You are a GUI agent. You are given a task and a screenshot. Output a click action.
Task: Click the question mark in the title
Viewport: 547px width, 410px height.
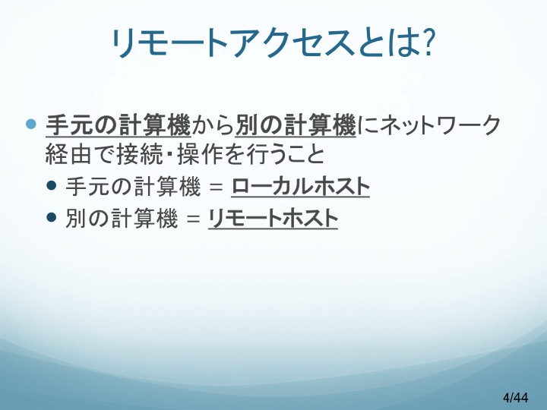coord(427,42)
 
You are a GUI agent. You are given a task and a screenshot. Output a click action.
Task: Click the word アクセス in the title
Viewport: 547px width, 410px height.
coord(291,43)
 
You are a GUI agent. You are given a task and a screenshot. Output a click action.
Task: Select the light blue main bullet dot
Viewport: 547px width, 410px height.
coord(31,124)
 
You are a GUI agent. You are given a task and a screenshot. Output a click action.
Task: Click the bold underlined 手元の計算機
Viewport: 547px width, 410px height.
coord(119,125)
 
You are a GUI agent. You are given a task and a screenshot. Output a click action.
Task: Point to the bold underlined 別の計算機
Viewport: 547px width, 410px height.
coord(296,125)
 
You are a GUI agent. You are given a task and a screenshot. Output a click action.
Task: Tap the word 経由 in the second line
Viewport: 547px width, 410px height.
coord(68,154)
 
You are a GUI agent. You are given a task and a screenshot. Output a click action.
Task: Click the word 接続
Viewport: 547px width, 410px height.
coord(140,154)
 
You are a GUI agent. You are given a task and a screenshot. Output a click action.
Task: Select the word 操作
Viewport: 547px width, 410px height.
coord(201,154)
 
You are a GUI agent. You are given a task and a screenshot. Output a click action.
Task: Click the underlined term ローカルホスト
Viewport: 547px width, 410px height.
coord(300,187)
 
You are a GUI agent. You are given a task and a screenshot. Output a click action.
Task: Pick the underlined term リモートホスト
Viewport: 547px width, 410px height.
coord(273,219)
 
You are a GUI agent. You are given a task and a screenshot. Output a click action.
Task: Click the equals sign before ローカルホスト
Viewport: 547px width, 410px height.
coord(216,188)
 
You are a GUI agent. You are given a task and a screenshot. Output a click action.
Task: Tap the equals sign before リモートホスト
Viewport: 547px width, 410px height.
coord(193,219)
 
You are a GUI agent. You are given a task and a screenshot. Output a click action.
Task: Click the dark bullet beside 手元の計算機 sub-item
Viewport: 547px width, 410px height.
coord(51,185)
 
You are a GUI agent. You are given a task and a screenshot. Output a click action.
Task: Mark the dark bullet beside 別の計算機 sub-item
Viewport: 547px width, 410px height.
coord(51,217)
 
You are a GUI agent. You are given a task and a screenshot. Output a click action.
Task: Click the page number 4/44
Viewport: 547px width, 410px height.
coord(516,397)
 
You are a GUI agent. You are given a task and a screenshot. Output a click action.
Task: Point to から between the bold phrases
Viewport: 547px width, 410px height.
coord(213,125)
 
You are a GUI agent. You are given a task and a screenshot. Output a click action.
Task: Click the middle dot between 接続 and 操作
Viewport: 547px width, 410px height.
coord(170,154)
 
